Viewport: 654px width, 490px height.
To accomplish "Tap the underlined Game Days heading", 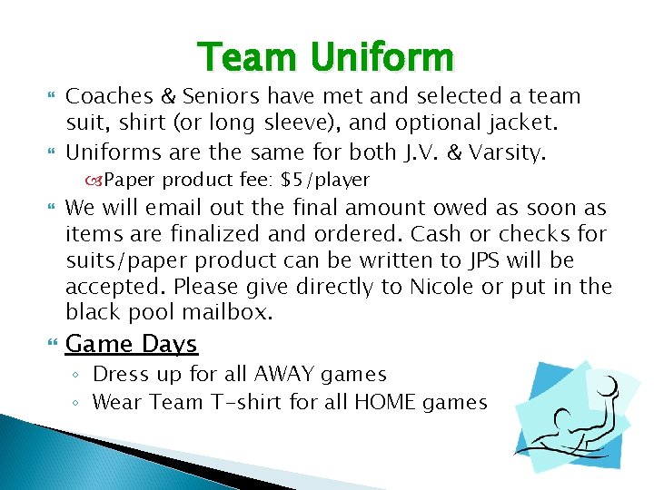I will click(x=132, y=345).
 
